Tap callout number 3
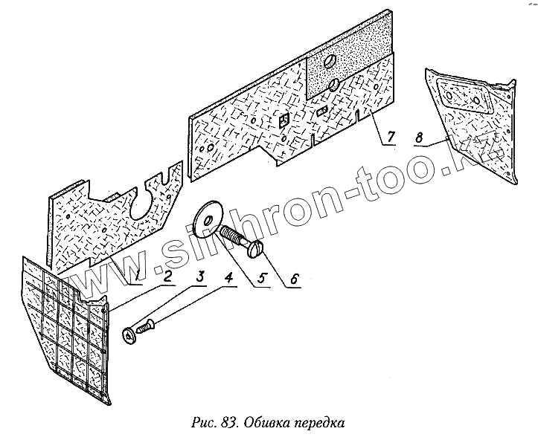(199, 276)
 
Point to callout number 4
(229, 279)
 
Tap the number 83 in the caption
(228, 424)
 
